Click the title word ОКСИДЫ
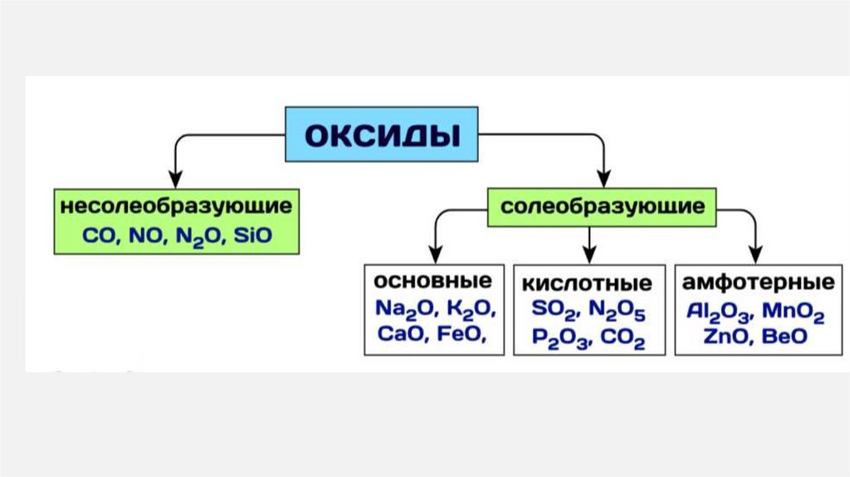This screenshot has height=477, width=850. pos(382,134)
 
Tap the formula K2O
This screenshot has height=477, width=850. pos(471,309)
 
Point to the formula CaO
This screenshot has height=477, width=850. pos(398,335)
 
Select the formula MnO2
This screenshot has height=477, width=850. pos(794,312)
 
